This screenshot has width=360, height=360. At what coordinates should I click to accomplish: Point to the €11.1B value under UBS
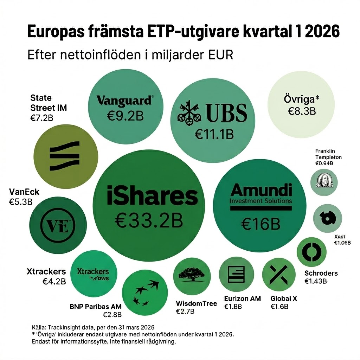[x=214, y=134]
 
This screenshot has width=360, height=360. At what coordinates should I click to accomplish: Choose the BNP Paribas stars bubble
[x=144, y=292]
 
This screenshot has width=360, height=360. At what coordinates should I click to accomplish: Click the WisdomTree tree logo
[x=192, y=276]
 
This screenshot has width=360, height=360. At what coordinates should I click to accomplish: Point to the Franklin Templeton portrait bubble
[x=324, y=182]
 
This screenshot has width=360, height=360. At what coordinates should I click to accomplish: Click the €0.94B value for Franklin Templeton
[x=324, y=163]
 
